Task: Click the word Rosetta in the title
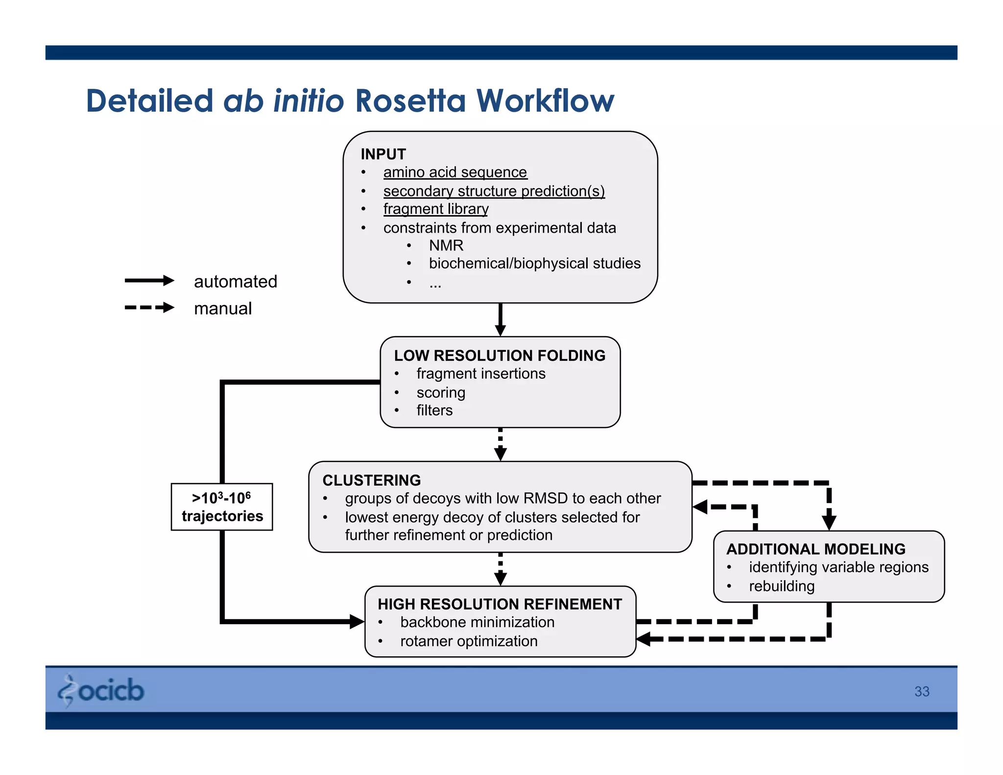coord(409,101)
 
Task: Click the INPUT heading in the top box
coord(383,154)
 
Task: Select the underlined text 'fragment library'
coord(435,209)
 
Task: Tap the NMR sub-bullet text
coord(446,245)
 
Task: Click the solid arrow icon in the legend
coord(149,281)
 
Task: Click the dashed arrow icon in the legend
coord(149,308)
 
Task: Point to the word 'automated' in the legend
coord(236,282)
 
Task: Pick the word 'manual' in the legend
coord(223,309)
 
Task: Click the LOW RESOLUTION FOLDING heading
coord(500,356)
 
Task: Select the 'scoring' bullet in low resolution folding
coord(441,393)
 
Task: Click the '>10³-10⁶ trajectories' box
coord(222,507)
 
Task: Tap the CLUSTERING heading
coord(372,480)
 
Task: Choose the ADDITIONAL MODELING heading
coord(815,549)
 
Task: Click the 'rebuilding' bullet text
coord(782,586)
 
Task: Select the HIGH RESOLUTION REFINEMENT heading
coord(500,605)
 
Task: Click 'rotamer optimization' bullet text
coord(469,641)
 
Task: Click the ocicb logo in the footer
coord(101,691)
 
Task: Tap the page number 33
coord(921,691)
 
